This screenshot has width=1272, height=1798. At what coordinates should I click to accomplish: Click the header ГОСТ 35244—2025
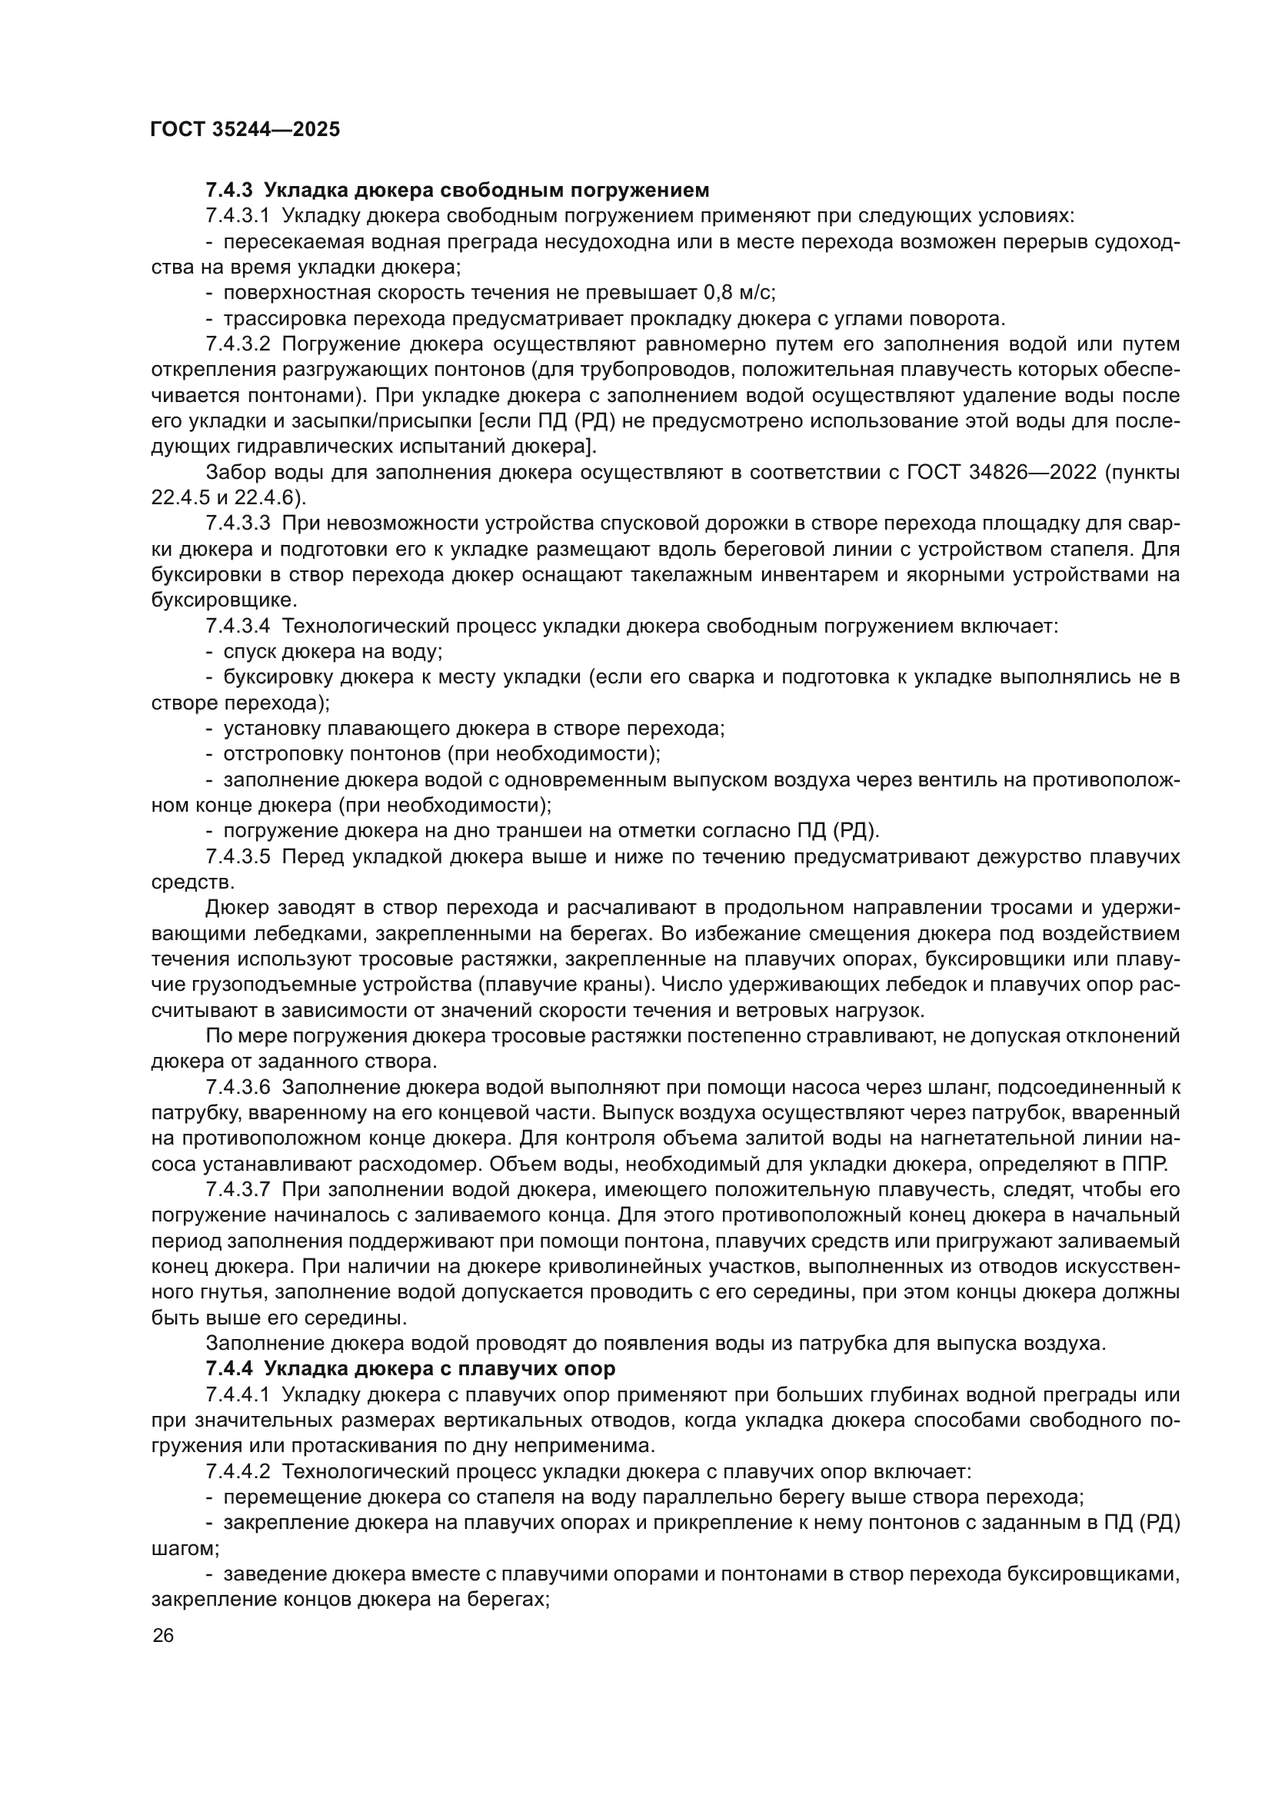(245, 130)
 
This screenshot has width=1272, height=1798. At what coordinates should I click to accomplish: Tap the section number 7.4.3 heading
(231, 191)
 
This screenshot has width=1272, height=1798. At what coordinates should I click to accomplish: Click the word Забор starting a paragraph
(230, 472)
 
